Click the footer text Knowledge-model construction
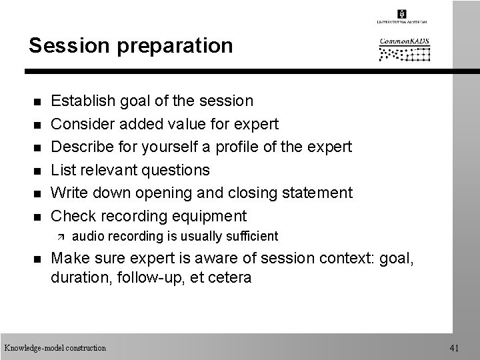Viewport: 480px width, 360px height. click(55, 347)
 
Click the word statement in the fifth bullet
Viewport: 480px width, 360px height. click(315, 193)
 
